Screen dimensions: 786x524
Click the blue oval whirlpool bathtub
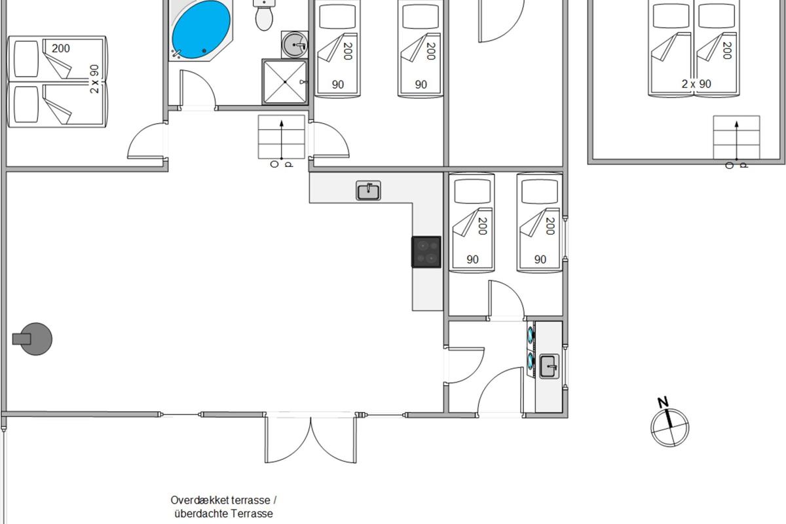[x=201, y=30]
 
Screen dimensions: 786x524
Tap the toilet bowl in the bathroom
[x=264, y=18]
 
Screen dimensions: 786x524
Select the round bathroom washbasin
[x=294, y=45]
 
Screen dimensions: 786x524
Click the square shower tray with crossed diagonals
[x=284, y=82]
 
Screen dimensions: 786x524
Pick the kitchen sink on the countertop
[x=368, y=191]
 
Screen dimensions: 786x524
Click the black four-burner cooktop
[x=426, y=252]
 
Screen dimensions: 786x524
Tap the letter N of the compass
[x=663, y=402]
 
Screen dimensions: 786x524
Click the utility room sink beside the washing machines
[x=549, y=367]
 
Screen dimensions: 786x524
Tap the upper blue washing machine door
[x=530, y=334]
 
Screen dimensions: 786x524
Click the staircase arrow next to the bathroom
[x=282, y=140]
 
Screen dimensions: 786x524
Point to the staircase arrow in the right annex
[x=736, y=141]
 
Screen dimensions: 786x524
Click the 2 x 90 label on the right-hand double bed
[x=696, y=84]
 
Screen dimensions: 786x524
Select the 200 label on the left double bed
[x=61, y=48]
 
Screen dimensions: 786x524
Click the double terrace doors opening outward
[x=311, y=439]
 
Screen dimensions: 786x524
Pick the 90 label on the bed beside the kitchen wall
[x=473, y=259]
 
